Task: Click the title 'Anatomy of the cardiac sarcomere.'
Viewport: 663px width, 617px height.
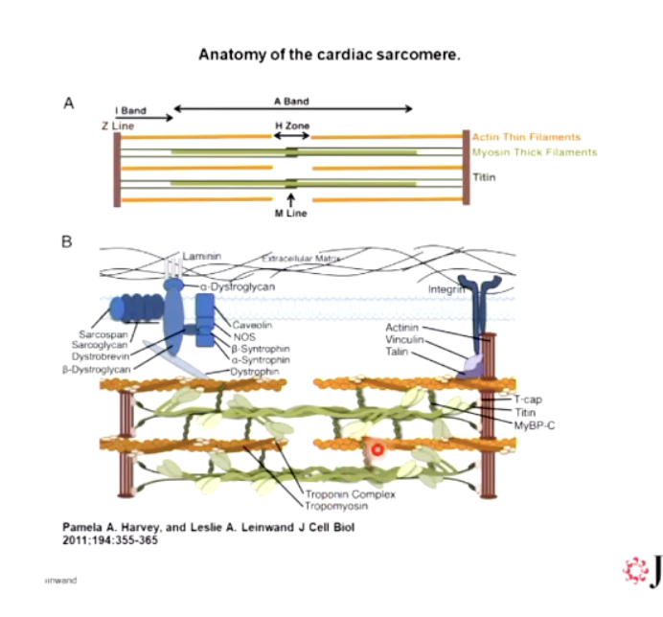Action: pyautogui.click(x=330, y=54)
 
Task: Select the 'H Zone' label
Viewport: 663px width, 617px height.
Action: pyautogui.click(x=292, y=126)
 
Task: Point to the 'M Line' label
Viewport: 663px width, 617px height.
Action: pyautogui.click(x=291, y=214)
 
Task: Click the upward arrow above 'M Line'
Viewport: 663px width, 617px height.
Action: pyautogui.click(x=290, y=198)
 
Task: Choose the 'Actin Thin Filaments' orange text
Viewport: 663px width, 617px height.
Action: pyautogui.click(x=526, y=137)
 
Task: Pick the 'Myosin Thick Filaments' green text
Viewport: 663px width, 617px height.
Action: pyautogui.click(x=534, y=152)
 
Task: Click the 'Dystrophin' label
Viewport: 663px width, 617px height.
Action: pyautogui.click(x=254, y=371)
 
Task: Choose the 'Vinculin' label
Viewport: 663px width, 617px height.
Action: pyautogui.click(x=403, y=340)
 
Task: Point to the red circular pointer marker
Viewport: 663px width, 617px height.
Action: pyautogui.click(x=377, y=448)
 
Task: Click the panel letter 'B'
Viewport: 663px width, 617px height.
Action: pyautogui.click(x=67, y=242)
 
